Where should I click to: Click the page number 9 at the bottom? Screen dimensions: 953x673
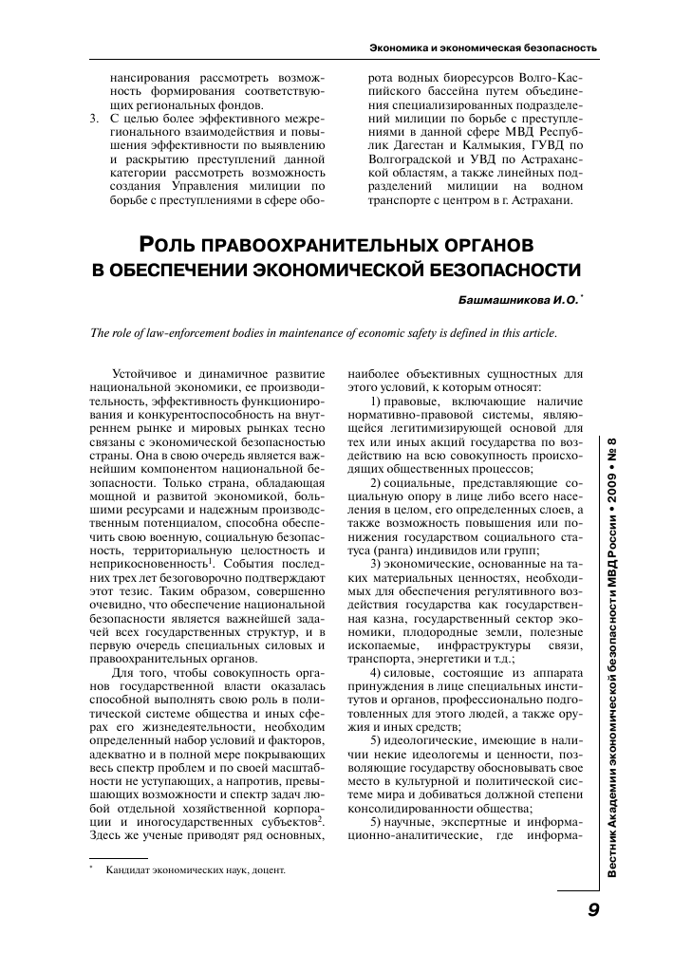(x=591, y=909)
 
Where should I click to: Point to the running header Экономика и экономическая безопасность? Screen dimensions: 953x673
(x=482, y=46)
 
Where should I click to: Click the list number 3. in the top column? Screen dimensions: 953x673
(x=92, y=120)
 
